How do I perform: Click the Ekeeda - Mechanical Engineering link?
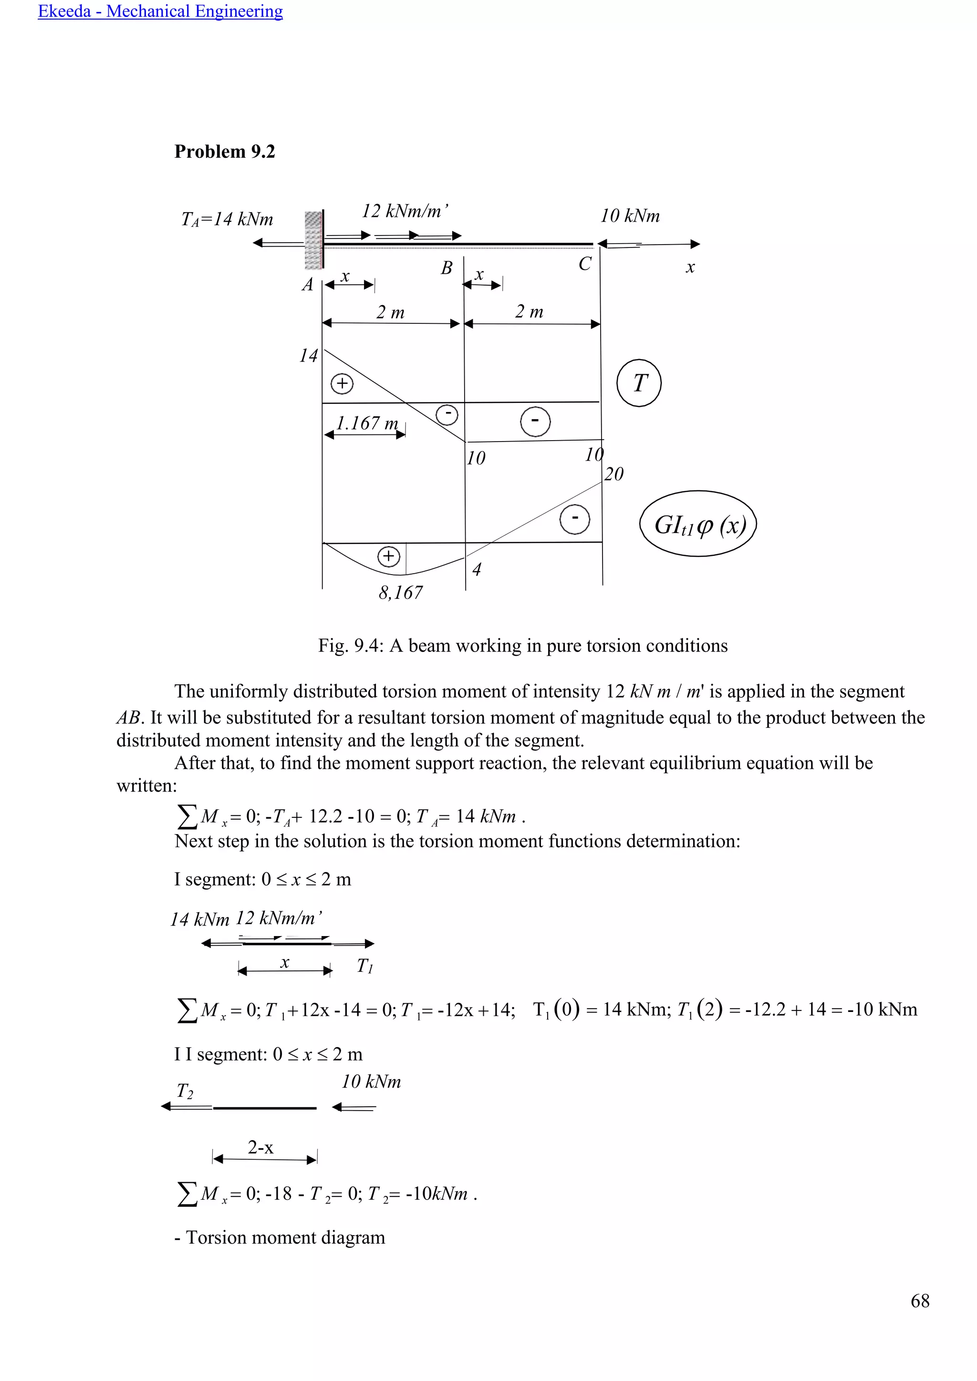pyautogui.click(x=160, y=11)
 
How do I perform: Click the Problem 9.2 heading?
pyautogui.click(x=224, y=152)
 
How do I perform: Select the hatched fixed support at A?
pyautogui.click(x=313, y=240)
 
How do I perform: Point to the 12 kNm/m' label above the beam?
pyautogui.click(x=404, y=211)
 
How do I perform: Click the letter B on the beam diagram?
pyautogui.click(x=447, y=268)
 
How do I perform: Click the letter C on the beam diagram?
pyautogui.click(x=585, y=264)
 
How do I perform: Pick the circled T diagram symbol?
pyautogui.click(x=639, y=383)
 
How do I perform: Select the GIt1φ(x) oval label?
pyautogui.click(x=698, y=525)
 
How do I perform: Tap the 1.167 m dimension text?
pyautogui.click(x=367, y=423)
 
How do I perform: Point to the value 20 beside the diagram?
pyautogui.click(x=613, y=474)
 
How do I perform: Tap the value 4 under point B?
pyautogui.click(x=477, y=569)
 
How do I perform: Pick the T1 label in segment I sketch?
pyautogui.click(x=364, y=966)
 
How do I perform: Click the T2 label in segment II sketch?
pyautogui.click(x=185, y=1091)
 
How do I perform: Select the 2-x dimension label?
pyautogui.click(x=260, y=1148)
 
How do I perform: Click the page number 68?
pyautogui.click(x=920, y=1300)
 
